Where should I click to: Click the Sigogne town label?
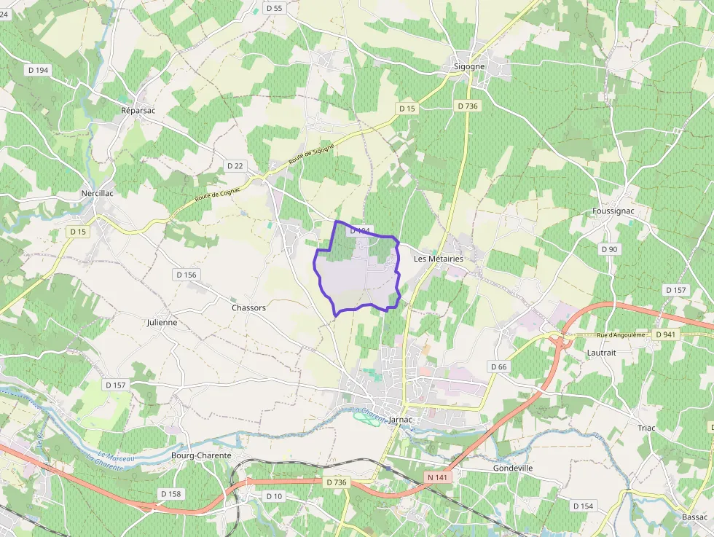[x=468, y=66]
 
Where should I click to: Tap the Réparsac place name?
[x=138, y=110]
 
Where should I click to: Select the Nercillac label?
[x=95, y=194]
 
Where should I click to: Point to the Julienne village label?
[x=162, y=321]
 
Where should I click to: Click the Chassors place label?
[x=248, y=307]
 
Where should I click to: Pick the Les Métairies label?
[x=438, y=259]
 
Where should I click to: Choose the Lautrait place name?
[x=602, y=352]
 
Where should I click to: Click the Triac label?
[x=646, y=428]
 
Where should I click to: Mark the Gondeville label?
[x=513, y=468]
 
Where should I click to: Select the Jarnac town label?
[x=401, y=420]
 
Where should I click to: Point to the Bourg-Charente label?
[x=201, y=455]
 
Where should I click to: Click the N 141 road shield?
[x=437, y=477]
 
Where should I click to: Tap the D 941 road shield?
[x=665, y=334]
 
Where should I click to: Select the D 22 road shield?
[x=235, y=166]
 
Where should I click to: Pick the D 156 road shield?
[x=187, y=275]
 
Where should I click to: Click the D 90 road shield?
[x=609, y=249]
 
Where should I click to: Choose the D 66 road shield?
[x=498, y=367]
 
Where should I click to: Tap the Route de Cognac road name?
[x=218, y=193]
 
